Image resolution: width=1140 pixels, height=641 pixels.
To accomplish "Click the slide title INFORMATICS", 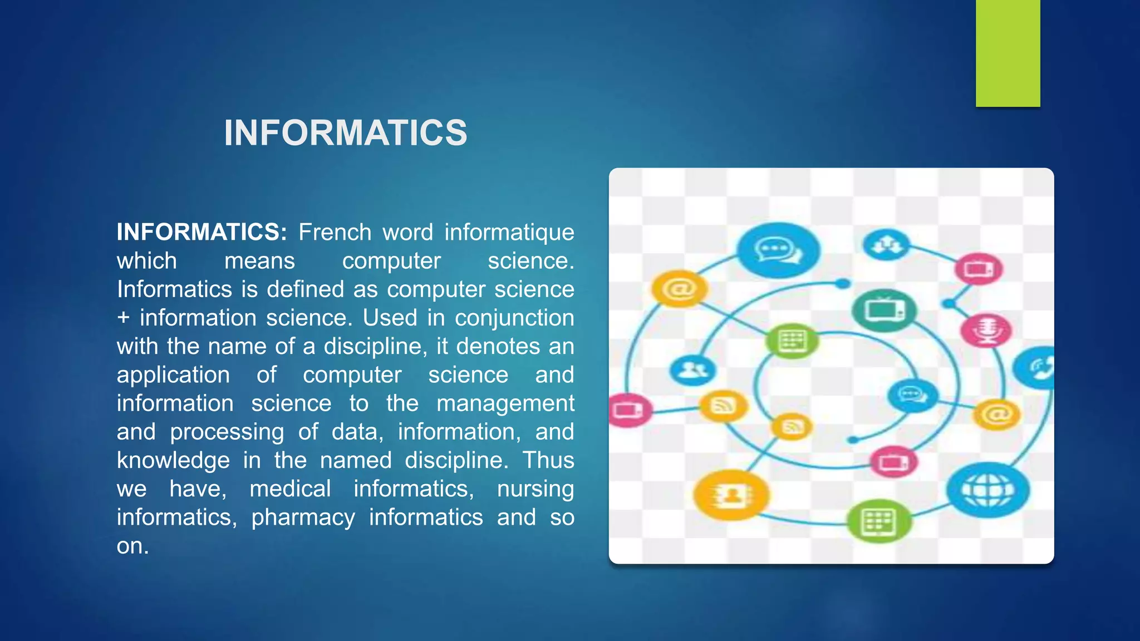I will (x=345, y=133).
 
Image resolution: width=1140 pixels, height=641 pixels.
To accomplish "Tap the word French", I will (x=335, y=232).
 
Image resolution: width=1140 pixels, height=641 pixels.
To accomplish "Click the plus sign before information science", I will (x=123, y=318).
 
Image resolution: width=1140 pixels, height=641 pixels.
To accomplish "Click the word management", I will (x=505, y=403).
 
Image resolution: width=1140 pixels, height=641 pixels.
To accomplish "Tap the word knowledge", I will (x=173, y=460).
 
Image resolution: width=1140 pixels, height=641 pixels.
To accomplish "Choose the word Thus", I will (x=548, y=460).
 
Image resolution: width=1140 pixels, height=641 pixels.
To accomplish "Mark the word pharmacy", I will (x=303, y=517).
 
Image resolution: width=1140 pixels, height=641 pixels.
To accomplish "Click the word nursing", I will (x=535, y=489).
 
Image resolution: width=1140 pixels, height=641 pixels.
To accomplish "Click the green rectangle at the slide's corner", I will (x=1008, y=53).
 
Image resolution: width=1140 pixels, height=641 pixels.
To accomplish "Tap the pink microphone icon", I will (x=986, y=329).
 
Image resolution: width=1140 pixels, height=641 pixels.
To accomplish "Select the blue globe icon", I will (x=988, y=490).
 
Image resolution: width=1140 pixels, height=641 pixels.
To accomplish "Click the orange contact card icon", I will (x=731, y=495).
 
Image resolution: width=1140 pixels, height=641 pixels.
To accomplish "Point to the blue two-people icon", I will (x=692, y=370).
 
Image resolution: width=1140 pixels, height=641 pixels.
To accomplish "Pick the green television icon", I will (x=884, y=310).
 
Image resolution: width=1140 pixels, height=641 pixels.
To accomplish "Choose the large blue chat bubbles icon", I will (x=778, y=250).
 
